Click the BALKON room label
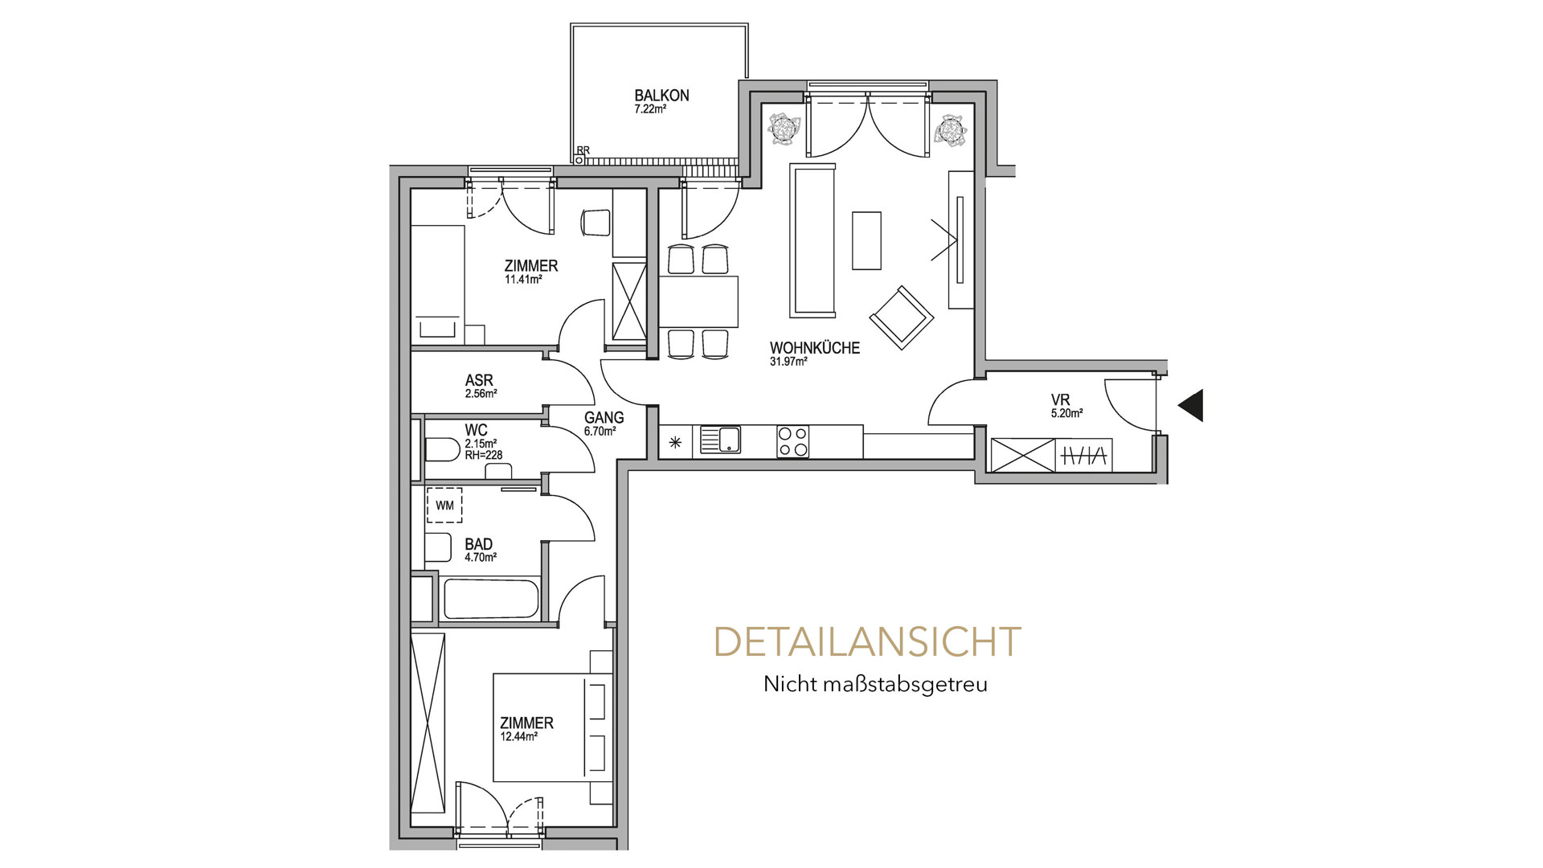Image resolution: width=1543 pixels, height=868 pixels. pos(661,96)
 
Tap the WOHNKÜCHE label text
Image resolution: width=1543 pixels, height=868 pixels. pos(815,348)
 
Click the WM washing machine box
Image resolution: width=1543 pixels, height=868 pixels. pos(445,506)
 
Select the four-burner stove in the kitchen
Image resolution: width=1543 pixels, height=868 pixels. pos(793,442)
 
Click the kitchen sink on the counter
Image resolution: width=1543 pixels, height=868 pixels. pos(720,440)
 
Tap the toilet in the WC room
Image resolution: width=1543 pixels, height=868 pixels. pos(441,449)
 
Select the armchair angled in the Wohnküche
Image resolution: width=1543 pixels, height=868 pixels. pos(902,317)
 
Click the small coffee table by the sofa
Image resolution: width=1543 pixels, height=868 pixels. pos(866,240)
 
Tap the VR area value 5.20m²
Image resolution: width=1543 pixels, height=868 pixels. pos(1066,414)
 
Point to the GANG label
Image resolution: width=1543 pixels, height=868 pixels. pos(604,418)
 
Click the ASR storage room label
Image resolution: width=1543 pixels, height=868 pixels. pos(479,380)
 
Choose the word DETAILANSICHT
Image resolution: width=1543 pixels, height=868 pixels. pos(867,642)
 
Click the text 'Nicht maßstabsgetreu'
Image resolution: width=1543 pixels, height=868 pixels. pos(875,685)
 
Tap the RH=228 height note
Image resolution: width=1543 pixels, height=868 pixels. pos(484,455)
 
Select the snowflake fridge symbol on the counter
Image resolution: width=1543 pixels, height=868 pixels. pos(675,441)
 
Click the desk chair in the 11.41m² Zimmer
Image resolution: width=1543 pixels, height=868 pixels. pos(596,223)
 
